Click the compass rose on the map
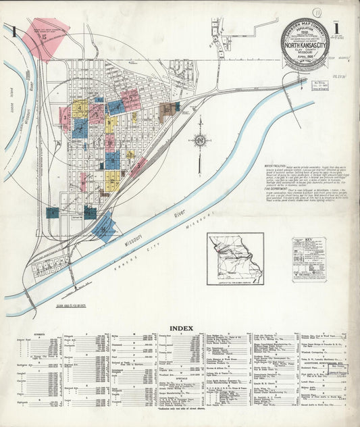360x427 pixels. pyautogui.click(x=200, y=140)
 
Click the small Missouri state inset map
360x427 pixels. pyautogui.click(x=236, y=258)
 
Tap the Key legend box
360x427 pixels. pyautogui.click(x=309, y=259)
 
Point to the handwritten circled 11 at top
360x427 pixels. pyautogui.click(x=316, y=12)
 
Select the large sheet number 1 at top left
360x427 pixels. pyautogui.click(x=12, y=32)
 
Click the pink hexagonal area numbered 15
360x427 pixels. pyautogui.click(x=45, y=39)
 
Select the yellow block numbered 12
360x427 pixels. pyautogui.click(x=112, y=180)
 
